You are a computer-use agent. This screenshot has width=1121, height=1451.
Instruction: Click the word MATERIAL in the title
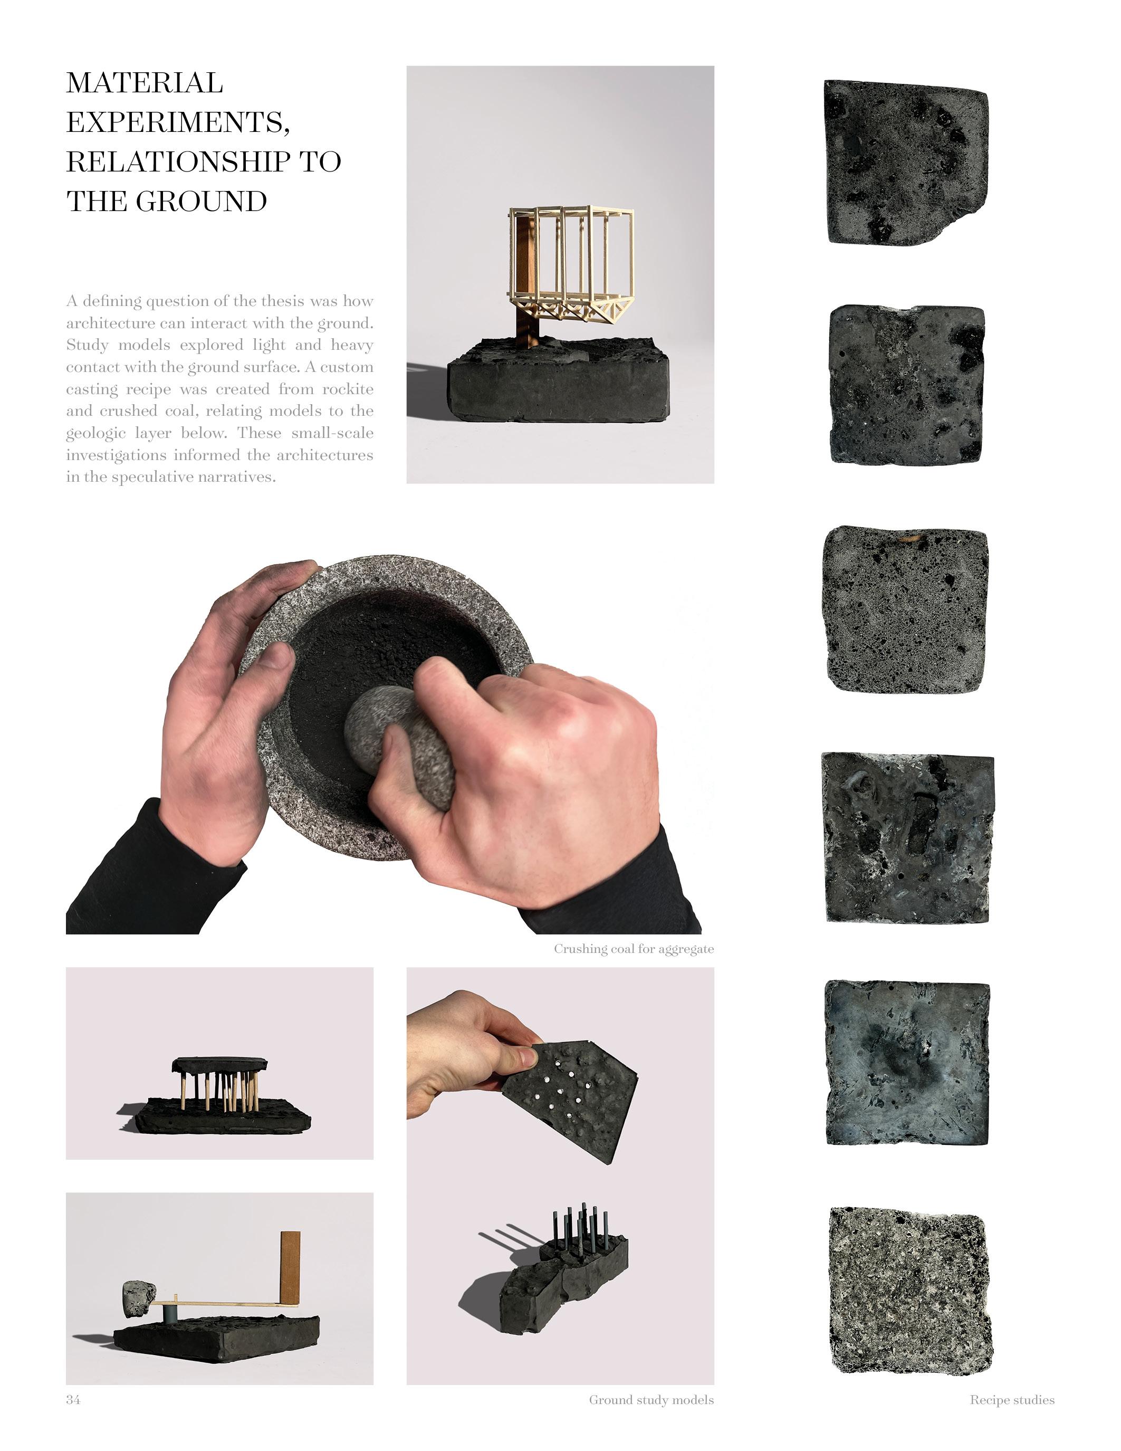144,83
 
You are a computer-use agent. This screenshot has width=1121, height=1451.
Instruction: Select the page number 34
73,1399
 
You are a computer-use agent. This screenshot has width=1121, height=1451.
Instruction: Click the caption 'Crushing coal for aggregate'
634,949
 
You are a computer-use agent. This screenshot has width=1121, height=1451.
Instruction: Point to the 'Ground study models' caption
651,1400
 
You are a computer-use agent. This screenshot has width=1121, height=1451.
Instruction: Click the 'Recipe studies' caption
1012,1400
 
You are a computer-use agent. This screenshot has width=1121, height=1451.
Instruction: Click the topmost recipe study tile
906,163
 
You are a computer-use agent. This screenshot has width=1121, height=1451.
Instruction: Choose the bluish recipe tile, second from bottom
907,1063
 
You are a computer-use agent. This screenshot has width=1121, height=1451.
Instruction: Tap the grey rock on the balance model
139,1297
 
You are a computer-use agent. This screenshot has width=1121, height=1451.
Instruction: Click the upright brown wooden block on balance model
290,1267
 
